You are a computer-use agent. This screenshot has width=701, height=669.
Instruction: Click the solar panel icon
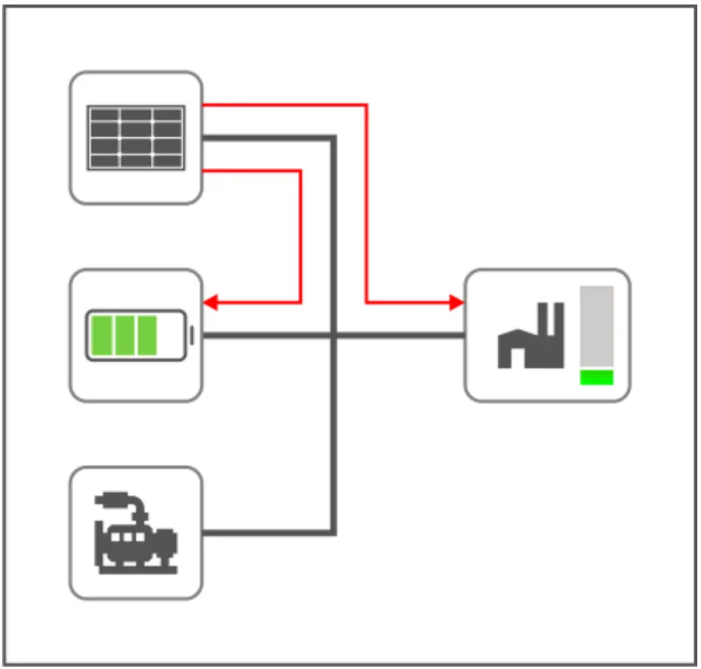tap(136, 137)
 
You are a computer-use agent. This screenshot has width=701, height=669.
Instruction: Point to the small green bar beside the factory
tap(596, 377)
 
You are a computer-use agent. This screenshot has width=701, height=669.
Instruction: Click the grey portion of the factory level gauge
tap(596, 326)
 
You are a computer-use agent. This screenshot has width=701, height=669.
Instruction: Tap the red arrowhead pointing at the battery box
tap(210, 302)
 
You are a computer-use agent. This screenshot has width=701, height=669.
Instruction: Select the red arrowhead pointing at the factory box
tap(457, 302)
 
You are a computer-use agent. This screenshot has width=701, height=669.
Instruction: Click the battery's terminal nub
tap(192, 336)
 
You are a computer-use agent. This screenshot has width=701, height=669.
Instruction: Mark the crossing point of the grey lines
tap(334, 336)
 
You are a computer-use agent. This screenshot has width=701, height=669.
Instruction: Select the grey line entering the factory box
tap(418, 336)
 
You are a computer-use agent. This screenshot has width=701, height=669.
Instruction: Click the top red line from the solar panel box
tap(284, 105)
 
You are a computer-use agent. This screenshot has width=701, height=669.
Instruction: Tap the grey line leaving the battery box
tap(261, 336)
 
